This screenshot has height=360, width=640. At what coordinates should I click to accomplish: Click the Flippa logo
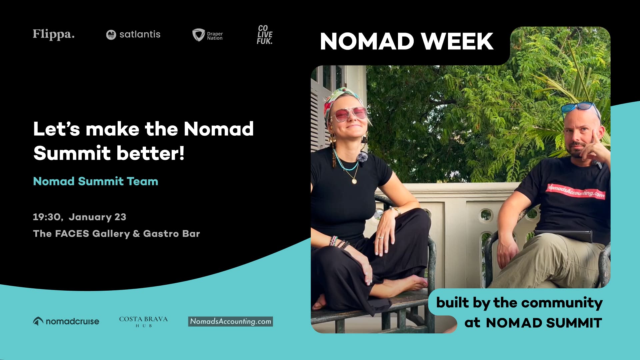coord(53,34)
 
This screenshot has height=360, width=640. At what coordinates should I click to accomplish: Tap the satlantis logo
coord(133,34)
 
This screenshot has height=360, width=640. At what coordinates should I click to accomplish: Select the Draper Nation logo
coord(207,35)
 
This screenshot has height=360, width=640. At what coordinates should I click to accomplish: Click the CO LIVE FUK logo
coord(265,35)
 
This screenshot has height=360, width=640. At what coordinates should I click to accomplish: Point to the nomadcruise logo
coord(66,321)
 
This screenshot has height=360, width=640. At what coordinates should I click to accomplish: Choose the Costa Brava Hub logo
coord(143,321)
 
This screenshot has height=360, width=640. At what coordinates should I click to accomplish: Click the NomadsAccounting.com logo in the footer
coord(230,321)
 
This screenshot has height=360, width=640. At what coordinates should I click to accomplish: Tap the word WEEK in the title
coord(457,42)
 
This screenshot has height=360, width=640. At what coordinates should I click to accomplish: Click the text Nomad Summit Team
coord(96,181)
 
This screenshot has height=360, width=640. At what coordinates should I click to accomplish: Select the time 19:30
coord(47,217)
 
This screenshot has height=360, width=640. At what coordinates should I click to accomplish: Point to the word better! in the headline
coord(150,153)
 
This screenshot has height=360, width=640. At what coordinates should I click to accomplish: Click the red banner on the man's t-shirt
coord(576,191)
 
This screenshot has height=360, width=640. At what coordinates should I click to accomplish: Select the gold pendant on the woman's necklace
coord(354,181)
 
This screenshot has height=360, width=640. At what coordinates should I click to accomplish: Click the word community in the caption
coord(562,303)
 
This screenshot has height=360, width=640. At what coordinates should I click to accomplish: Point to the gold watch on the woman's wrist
coord(397,211)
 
